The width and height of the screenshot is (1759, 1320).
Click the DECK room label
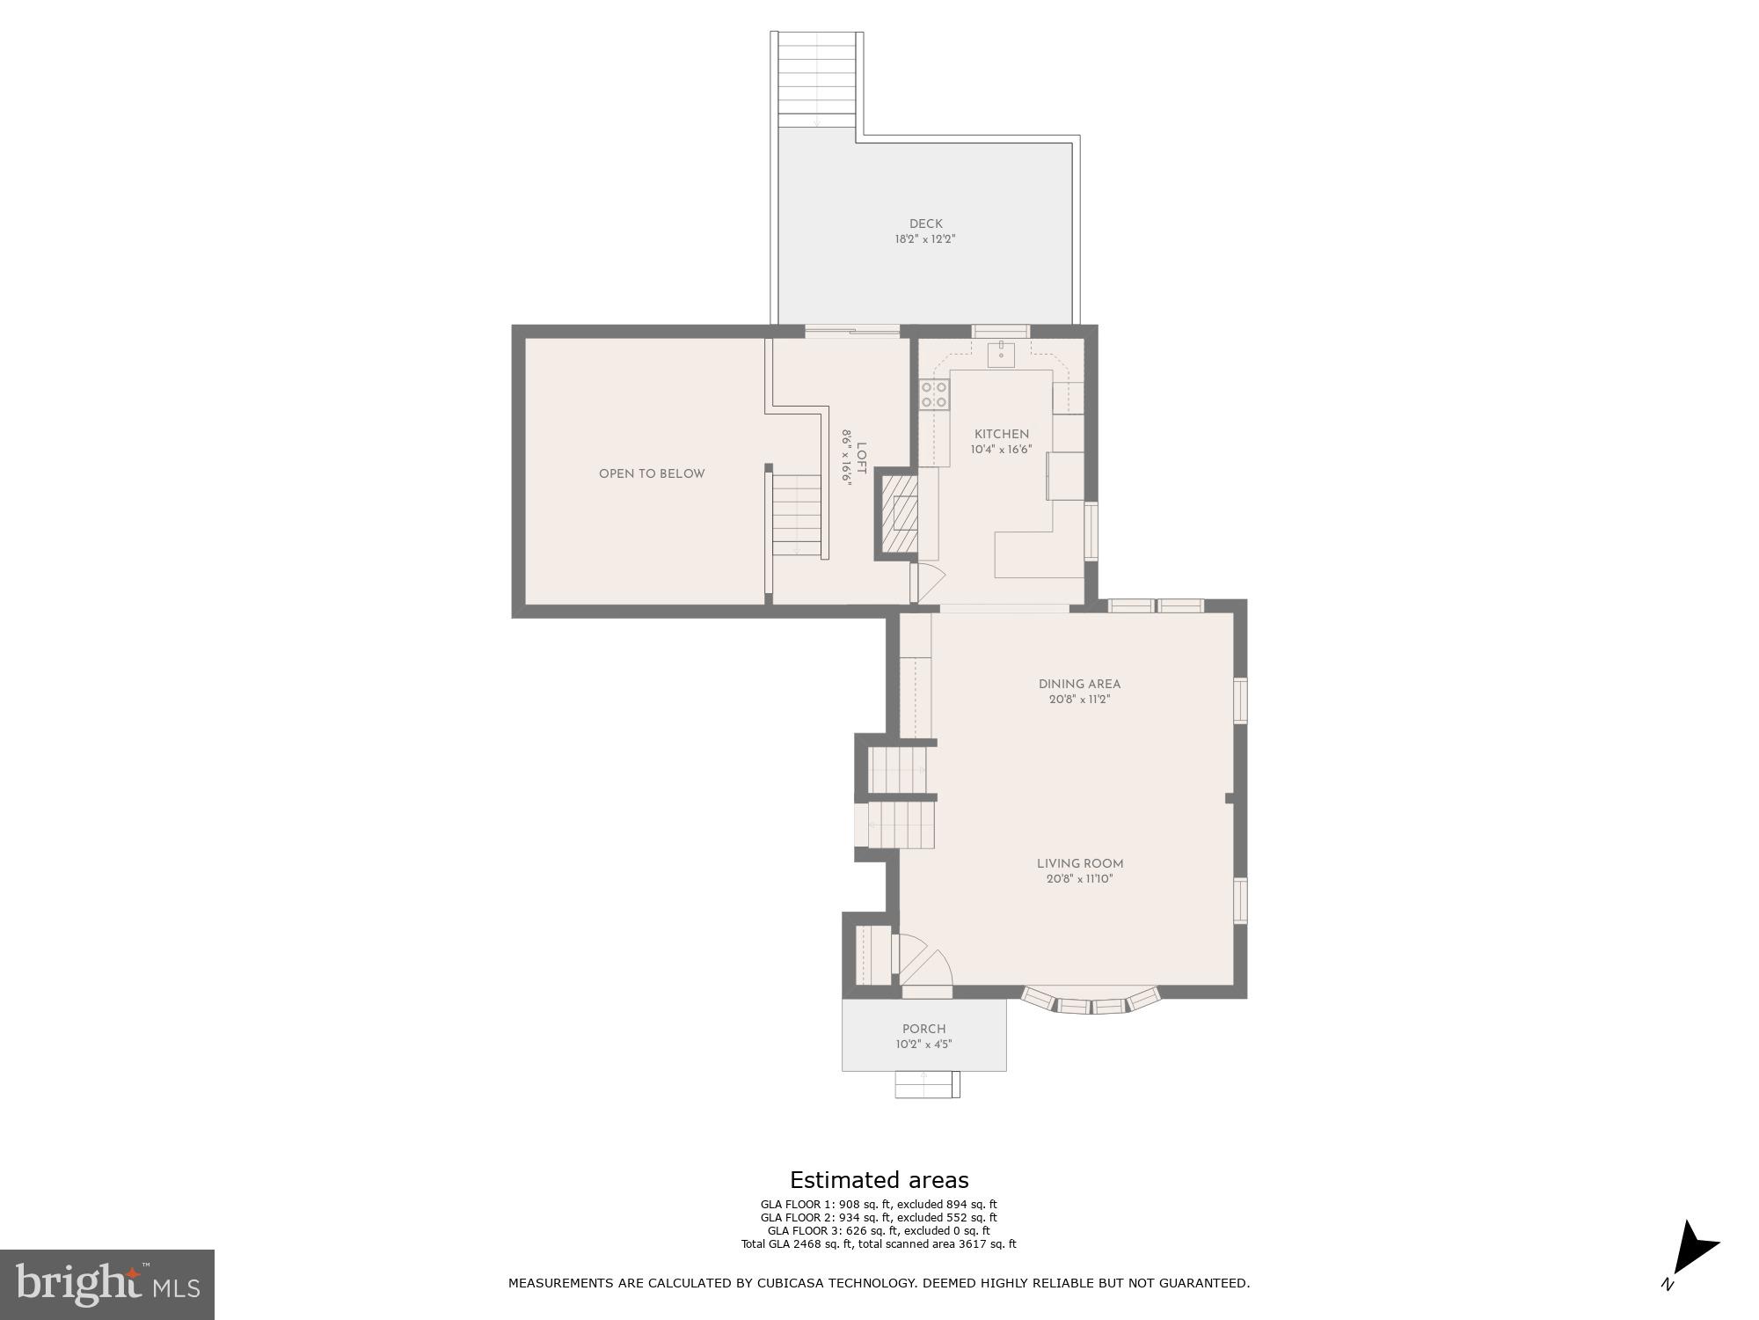coord(925,224)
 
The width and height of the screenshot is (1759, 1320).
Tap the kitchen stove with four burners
coord(934,394)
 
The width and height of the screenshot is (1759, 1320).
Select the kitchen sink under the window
coord(1001,355)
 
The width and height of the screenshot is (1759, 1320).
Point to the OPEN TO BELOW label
coord(652,473)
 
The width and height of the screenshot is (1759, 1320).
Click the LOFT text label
coord(860,458)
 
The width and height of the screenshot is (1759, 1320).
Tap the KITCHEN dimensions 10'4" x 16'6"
coord(1001,450)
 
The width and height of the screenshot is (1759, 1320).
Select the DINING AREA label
coord(1079,684)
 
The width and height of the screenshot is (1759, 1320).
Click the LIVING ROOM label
coord(1079,863)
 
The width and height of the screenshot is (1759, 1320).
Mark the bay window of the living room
coord(1091,1002)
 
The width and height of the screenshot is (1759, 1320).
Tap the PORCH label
coord(923,1029)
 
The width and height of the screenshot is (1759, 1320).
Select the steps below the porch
coord(927,1084)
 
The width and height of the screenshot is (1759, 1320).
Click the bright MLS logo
coord(107,1284)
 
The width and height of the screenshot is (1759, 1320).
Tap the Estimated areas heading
coord(879,1180)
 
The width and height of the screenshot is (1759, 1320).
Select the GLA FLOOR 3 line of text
coord(878,1230)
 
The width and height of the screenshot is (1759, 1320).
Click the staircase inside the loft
coord(797,515)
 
